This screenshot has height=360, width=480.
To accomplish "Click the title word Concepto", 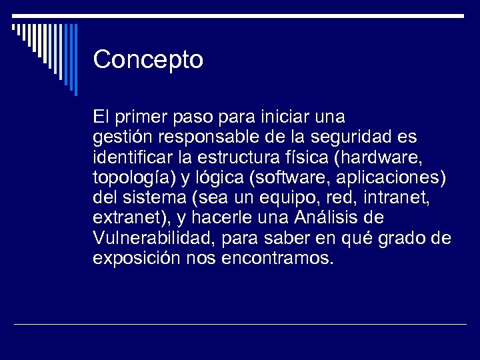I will [148, 60].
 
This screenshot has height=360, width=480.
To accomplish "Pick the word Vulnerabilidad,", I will [152, 238].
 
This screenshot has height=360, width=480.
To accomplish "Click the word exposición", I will [137, 258].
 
